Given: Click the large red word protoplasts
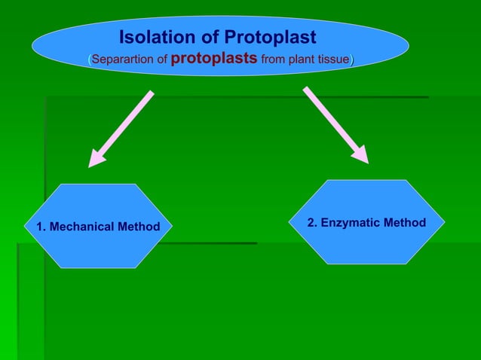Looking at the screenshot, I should (x=214, y=58).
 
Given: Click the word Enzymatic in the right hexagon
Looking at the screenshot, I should (x=351, y=223).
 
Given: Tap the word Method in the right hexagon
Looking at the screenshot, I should (x=404, y=223).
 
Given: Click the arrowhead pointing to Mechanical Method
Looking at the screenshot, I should (x=96, y=159).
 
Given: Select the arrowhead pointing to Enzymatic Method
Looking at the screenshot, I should (x=360, y=155).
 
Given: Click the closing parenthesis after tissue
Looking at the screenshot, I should (x=352, y=59).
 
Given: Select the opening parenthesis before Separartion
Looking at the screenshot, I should (x=90, y=59).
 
